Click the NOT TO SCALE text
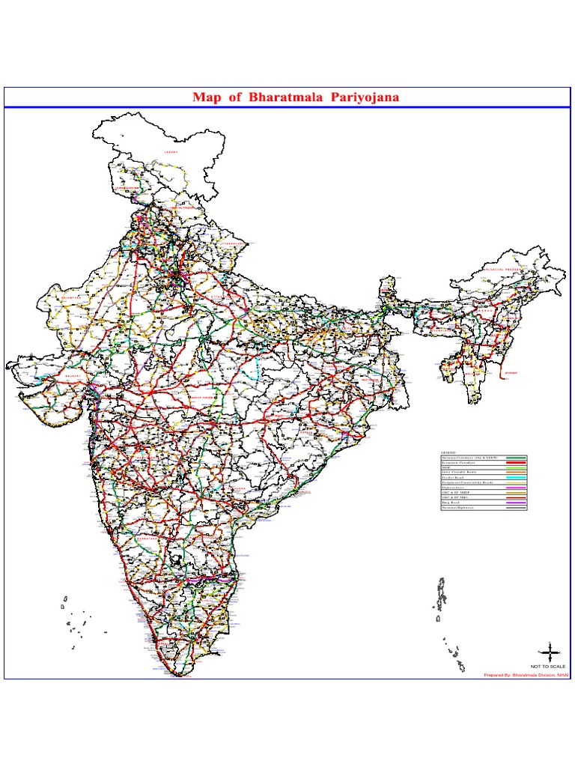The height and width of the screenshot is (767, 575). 549,666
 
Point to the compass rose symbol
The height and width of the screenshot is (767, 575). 549,652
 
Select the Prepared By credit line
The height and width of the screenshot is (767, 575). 526,675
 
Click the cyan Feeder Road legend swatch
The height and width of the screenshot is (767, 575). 516,477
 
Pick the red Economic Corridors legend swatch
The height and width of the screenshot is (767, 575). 516,462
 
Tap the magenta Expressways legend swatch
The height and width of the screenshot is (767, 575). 516,488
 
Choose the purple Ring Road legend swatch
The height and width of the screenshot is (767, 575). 516,503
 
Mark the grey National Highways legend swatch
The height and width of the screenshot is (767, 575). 516,508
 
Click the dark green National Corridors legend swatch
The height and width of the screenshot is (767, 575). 516,457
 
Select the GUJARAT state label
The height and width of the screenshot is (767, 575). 73,376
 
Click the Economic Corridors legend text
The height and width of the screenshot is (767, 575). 458,462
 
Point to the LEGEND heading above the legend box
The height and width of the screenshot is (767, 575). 447,452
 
